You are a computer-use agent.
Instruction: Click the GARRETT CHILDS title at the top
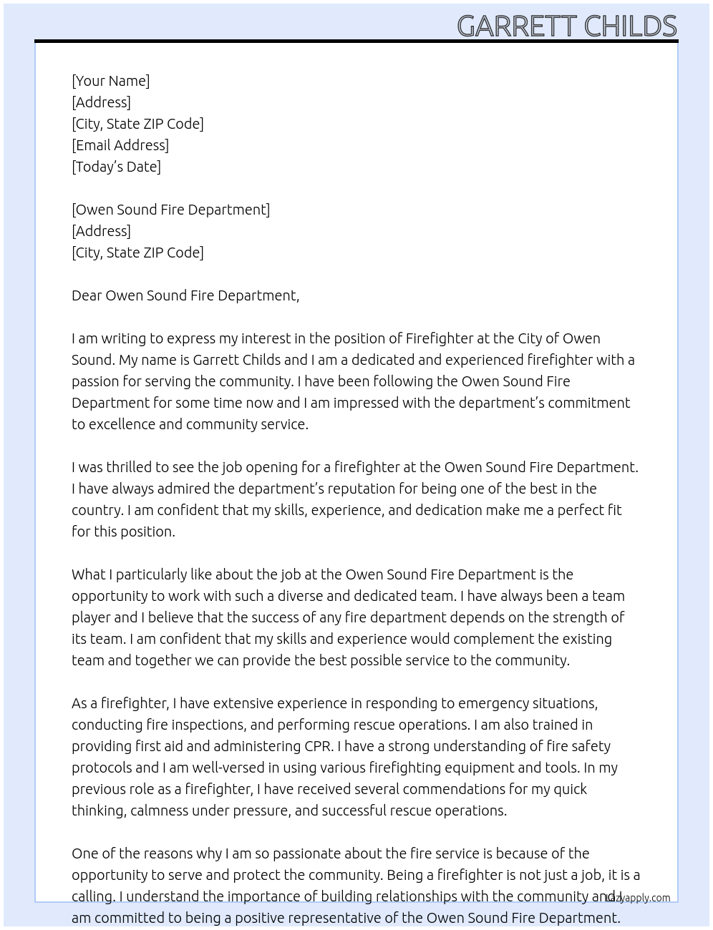pyautogui.click(x=566, y=26)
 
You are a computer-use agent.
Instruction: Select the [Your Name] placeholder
pyautogui.click(x=110, y=81)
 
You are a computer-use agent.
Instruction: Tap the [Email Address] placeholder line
pyautogui.click(x=120, y=145)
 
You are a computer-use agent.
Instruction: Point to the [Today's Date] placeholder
pyautogui.click(x=116, y=167)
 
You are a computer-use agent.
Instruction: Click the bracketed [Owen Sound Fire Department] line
pyautogui.click(x=170, y=210)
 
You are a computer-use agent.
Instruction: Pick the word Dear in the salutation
pyautogui.click(x=87, y=295)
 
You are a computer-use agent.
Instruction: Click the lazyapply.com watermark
pyautogui.click(x=638, y=898)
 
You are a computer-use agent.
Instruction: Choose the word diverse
pyautogui.click(x=333, y=596)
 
